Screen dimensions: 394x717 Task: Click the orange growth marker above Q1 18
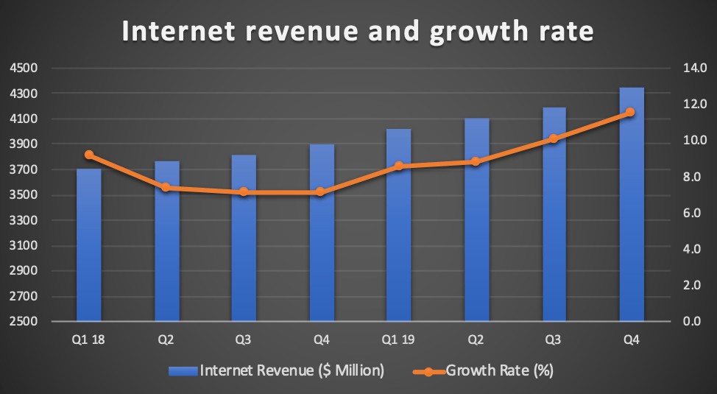(89, 155)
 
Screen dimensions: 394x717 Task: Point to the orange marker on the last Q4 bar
(630, 113)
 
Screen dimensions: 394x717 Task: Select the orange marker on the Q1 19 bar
(399, 166)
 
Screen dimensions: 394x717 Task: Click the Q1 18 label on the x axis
(89, 341)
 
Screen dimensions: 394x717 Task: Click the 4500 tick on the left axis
(24, 68)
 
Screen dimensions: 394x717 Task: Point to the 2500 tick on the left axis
(24, 322)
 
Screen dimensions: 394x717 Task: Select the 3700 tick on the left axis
(24, 170)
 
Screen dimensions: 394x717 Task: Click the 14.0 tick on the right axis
(694, 68)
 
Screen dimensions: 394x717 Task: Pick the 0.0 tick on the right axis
(694, 322)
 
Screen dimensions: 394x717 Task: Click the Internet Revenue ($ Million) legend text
(292, 370)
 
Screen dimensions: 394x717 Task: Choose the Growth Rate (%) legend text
(498, 370)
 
